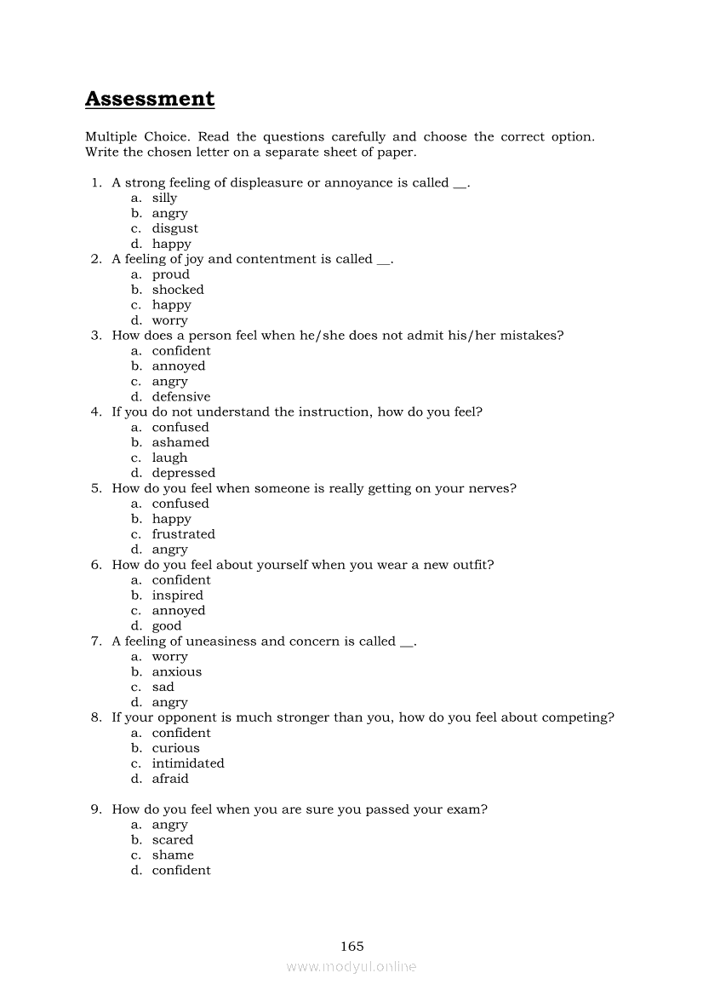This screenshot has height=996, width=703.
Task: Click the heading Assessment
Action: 150,99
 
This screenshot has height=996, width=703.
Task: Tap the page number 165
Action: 351,946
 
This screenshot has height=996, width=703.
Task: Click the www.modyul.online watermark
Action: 351,967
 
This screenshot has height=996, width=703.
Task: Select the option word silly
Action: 164,198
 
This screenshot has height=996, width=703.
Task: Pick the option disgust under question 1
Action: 174,228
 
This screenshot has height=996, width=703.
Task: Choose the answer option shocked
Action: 178,290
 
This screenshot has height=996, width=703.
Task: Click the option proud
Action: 170,274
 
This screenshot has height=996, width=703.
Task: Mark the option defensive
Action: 180,397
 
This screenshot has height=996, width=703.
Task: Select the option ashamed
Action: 180,443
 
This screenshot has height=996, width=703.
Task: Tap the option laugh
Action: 169,458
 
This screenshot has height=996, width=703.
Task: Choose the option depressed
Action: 183,474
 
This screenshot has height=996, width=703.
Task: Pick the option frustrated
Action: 183,534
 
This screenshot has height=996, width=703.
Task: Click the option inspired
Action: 177,596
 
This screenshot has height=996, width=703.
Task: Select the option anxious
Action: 177,672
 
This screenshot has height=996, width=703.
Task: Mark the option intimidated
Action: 188,763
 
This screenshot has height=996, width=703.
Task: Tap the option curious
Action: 175,748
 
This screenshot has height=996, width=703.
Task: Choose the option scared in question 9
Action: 173,840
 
